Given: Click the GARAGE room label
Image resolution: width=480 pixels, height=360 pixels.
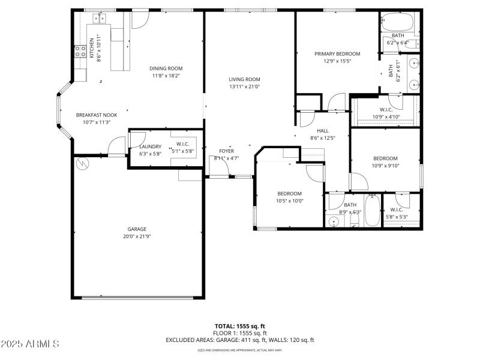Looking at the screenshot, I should tap(137, 229).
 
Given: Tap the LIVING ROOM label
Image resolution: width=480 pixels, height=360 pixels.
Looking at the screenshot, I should tap(244, 79).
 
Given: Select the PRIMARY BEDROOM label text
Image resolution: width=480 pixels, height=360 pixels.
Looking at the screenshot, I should tap(337, 53).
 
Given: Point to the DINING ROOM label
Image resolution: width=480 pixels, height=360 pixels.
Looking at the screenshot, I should tap(166, 68).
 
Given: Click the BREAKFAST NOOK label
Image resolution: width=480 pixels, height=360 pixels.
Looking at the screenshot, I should tap(96, 115).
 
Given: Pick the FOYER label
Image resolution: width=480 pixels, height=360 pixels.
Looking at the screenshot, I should tap(226, 151).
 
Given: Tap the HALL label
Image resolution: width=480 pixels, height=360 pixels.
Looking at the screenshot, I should tap(322, 130).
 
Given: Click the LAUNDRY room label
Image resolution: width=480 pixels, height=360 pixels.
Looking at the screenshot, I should tap(150, 146).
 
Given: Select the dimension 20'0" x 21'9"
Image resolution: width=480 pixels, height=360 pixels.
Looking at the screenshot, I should tap(137, 236).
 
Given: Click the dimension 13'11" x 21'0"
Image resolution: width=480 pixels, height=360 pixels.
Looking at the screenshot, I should tap(244, 86).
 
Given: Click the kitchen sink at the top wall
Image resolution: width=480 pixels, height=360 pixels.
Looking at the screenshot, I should tap(99, 19).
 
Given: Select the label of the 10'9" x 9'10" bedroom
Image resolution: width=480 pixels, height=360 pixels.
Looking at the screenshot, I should tap(386, 158).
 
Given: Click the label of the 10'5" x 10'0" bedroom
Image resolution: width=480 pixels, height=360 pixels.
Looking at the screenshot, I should tap(289, 193).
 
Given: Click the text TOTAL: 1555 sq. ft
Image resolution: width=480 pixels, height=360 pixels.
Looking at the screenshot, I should tap(240, 326).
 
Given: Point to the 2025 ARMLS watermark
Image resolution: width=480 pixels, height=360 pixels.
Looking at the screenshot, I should tap(30, 344).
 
